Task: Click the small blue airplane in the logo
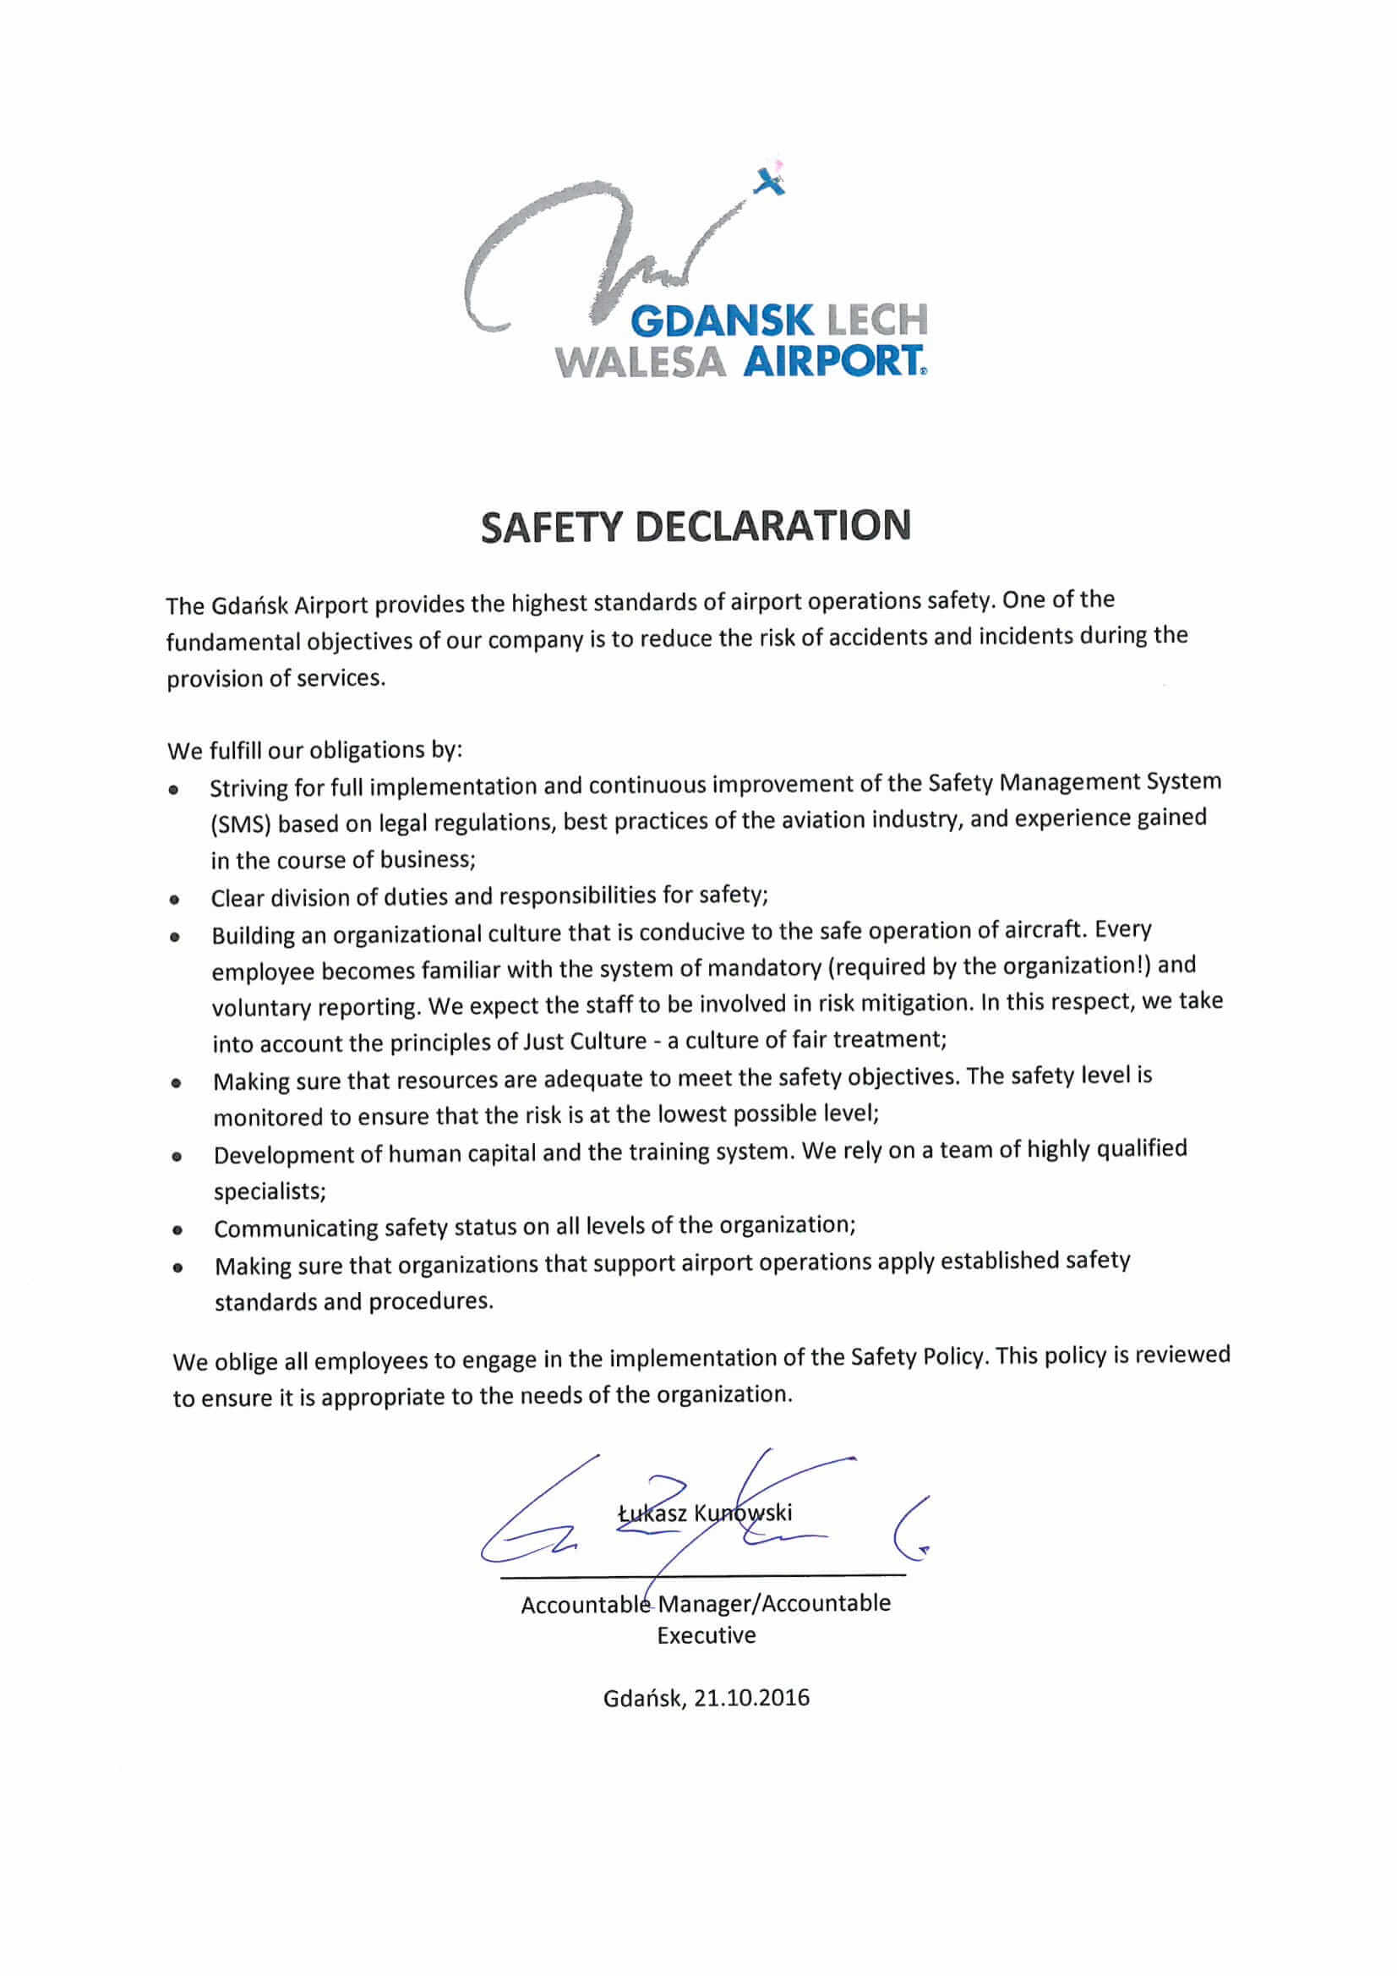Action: pos(771,181)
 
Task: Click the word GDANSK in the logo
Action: pos(723,322)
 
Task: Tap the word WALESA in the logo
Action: pos(641,363)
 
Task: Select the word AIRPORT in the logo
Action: pos(832,362)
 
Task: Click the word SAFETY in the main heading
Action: pos(550,527)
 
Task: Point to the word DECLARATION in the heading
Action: pos(772,525)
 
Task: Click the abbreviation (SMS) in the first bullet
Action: pos(242,824)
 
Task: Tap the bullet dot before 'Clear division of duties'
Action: pos(175,900)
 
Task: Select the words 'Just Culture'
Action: pos(584,1042)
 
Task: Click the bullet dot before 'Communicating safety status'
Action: pos(177,1231)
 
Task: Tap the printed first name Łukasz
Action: pos(652,1513)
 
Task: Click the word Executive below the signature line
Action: pos(707,1635)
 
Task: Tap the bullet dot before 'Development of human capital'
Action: pos(177,1157)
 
